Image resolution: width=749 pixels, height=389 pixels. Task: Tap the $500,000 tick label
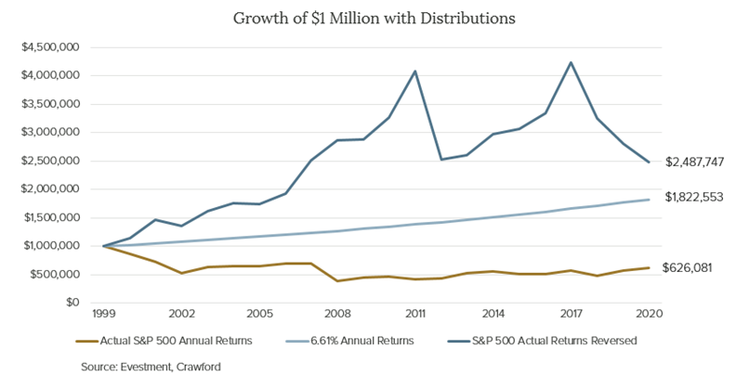(60, 274)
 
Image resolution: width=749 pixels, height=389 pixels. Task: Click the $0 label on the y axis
(73, 303)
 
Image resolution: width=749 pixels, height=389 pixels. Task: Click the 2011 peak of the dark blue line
(414, 71)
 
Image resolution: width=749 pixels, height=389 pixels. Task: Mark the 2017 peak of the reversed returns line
(570, 63)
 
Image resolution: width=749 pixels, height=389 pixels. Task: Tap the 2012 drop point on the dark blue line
(440, 159)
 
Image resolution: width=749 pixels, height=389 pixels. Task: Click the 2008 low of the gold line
(336, 280)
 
